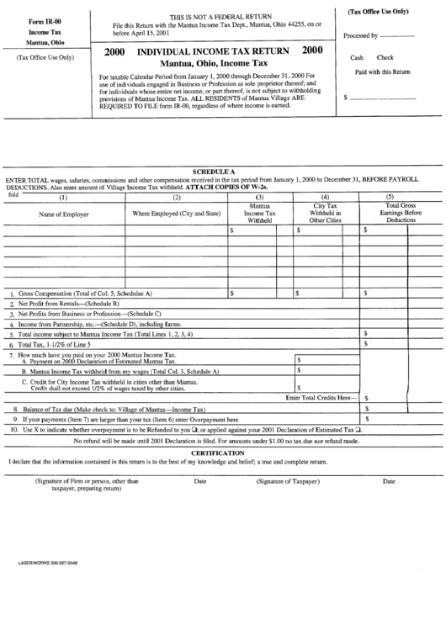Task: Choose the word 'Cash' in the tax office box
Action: (358, 58)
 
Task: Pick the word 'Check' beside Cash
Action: (385, 58)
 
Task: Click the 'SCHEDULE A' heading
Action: (214, 171)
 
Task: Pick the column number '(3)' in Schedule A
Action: (260, 198)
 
